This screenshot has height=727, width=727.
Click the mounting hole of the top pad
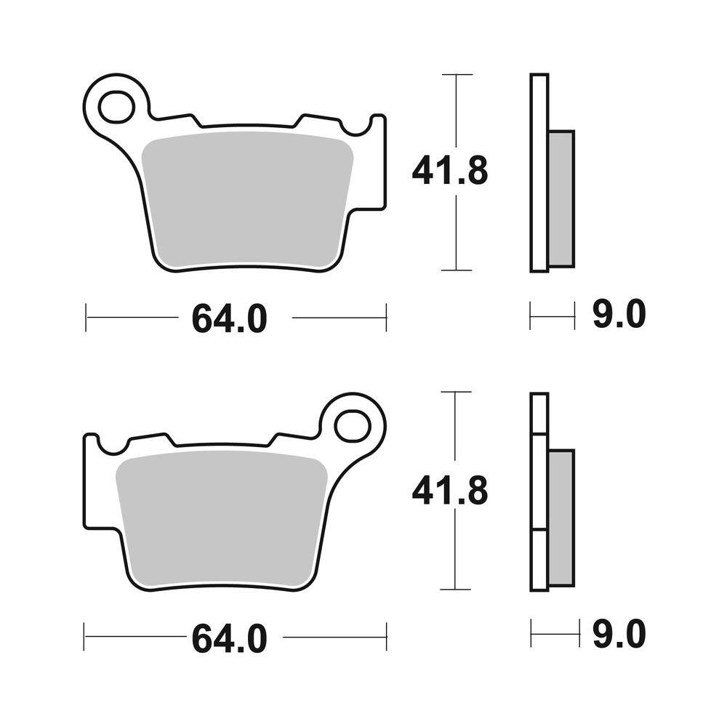pos(116,107)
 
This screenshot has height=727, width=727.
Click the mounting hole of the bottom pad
pos(353,426)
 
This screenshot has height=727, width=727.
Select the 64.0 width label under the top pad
pos(230,318)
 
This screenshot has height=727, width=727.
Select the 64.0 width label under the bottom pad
pos(230,638)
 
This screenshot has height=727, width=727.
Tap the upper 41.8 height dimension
pos(449,172)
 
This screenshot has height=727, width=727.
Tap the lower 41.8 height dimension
pos(449,492)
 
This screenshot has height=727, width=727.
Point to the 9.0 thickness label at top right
pos(619,316)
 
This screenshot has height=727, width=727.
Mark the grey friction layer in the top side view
pos(561,198)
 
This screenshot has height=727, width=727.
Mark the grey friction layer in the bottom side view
pos(561,518)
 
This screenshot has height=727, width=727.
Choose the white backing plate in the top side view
pos(539,172)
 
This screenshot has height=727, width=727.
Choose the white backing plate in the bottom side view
pos(539,492)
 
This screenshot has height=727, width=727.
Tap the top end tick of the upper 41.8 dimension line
pos(457,74)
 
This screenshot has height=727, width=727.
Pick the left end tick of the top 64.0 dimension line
pos(86,317)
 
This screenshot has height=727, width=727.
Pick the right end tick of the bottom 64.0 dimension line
pos(386,636)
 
